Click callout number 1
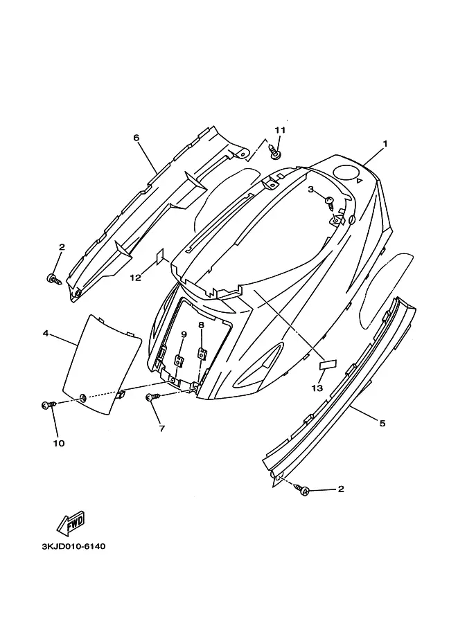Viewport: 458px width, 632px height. (385, 143)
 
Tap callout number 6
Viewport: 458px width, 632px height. (136, 138)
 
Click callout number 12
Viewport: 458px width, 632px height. (136, 278)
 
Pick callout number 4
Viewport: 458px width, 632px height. (46, 333)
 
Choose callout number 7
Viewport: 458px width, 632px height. (161, 428)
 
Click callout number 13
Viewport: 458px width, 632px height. (317, 388)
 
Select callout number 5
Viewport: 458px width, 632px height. (382, 423)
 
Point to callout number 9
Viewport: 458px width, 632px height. (184, 334)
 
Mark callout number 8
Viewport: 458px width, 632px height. (201, 325)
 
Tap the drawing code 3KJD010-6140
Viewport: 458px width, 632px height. (73, 546)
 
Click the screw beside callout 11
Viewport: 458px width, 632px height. (276, 147)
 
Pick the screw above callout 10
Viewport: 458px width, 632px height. (49, 405)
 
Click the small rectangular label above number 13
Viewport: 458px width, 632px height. (326, 362)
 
